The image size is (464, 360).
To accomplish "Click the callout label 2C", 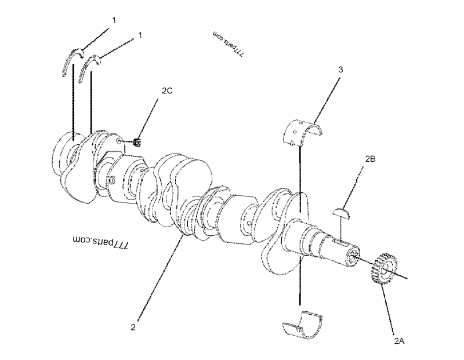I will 167,90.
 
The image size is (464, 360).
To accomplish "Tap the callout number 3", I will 340,70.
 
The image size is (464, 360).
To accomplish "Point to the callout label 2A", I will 398,341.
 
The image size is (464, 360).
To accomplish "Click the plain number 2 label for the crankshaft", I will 133,328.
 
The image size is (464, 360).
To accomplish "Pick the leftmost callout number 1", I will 114,20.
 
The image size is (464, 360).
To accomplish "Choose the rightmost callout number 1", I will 140,35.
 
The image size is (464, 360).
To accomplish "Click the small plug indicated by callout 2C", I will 138,142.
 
